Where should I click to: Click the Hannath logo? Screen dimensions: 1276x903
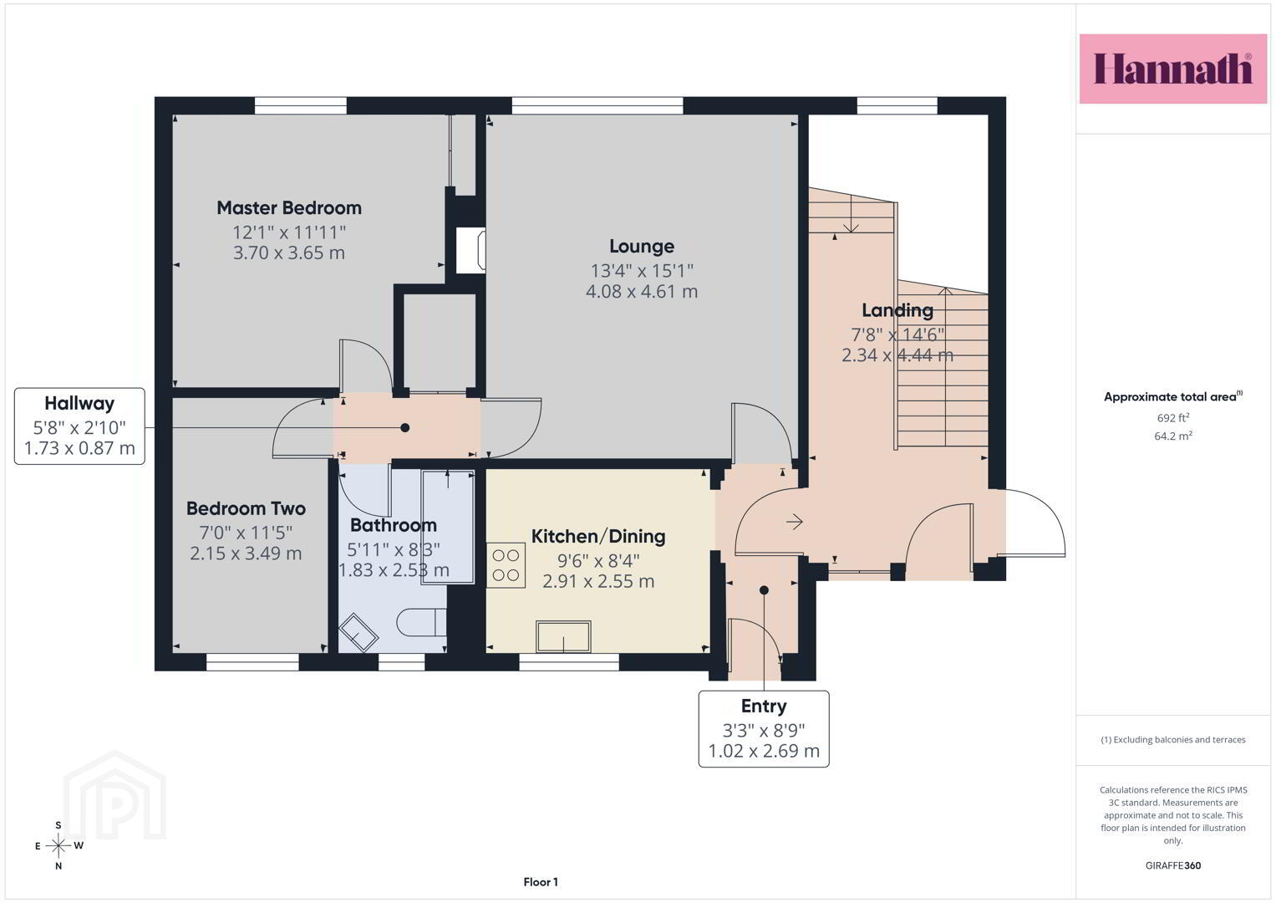pos(1173,69)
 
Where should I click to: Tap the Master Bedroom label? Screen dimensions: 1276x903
pos(289,208)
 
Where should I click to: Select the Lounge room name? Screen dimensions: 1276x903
pos(642,247)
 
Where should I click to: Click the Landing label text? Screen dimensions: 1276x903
pos(897,311)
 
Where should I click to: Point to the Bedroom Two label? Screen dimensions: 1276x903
pos(246,508)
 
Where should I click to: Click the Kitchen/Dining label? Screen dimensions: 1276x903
pos(598,537)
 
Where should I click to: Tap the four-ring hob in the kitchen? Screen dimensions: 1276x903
pos(506,565)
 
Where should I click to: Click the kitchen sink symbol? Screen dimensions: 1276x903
pos(563,636)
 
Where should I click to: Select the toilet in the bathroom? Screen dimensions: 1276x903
pos(421,623)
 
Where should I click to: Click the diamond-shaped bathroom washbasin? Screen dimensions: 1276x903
pos(358,632)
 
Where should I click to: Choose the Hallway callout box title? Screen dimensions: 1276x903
pos(79,404)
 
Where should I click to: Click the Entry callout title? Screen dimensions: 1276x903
pos(763,707)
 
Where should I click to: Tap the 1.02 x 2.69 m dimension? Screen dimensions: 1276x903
pos(763,751)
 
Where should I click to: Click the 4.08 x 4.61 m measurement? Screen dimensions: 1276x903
pos(642,291)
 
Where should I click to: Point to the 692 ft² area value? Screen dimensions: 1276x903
pos(1173,418)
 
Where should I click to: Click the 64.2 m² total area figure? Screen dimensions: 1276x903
pos(1173,436)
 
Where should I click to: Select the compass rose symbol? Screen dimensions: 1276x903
pos(58,846)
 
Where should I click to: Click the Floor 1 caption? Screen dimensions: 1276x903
pos(541,882)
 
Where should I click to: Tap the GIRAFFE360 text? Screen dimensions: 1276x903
pos(1173,865)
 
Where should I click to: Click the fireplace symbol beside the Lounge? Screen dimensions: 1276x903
pos(471,249)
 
